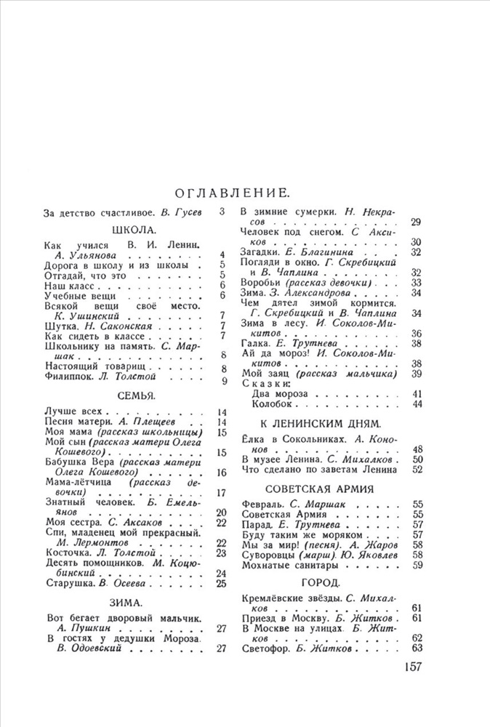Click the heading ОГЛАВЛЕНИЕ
[x=233, y=193]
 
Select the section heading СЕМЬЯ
[x=137, y=395]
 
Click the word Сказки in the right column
[x=266, y=382]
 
